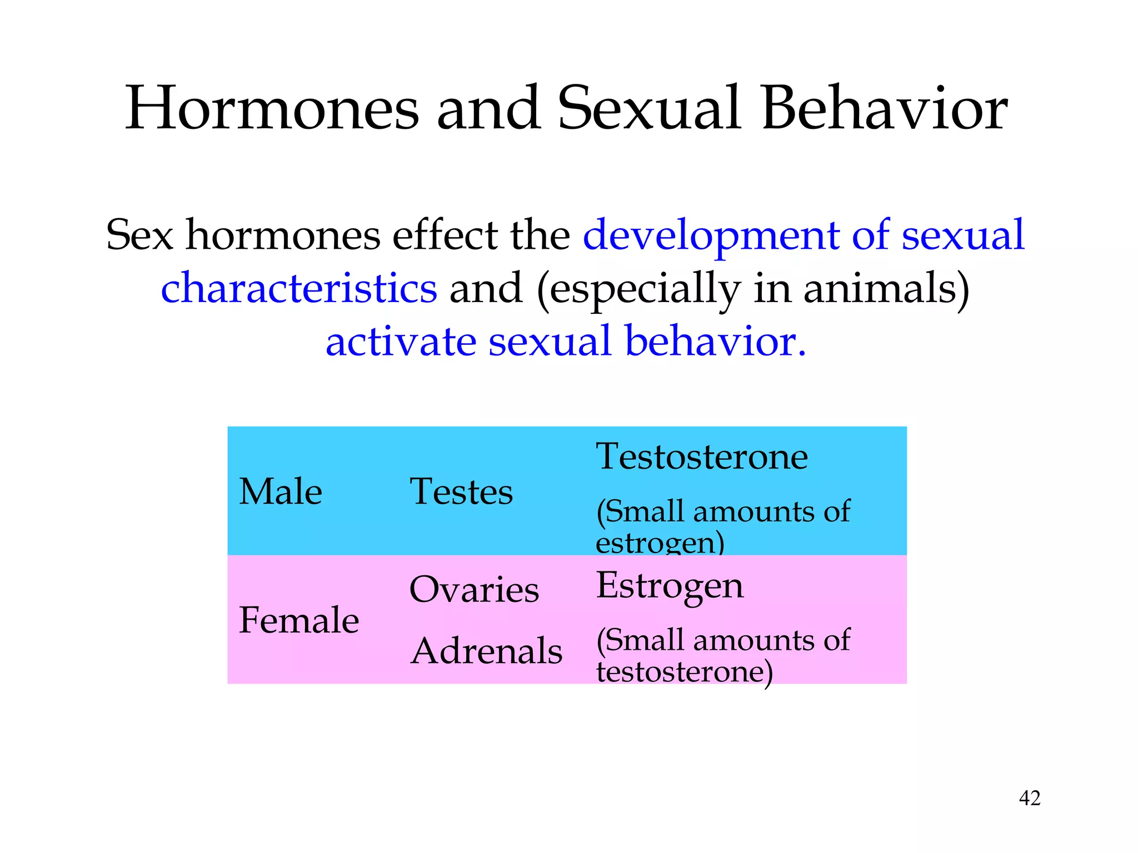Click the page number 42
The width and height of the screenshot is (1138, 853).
[x=1029, y=798]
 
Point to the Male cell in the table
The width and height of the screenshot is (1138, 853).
[x=281, y=492]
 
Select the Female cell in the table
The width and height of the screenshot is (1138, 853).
[x=299, y=620]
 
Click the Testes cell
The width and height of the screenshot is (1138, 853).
[x=461, y=492]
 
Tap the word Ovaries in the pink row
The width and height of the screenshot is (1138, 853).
[x=474, y=589]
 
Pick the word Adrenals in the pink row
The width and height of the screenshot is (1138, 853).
[x=486, y=651]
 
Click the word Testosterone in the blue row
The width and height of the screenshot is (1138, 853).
[x=702, y=457]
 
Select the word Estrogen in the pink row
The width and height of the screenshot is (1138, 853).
[x=670, y=586]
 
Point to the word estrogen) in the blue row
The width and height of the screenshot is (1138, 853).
[x=660, y=543]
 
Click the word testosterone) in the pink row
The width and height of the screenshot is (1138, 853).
[x=684, y=672]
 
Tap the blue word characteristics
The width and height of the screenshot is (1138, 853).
[x=299, y=289]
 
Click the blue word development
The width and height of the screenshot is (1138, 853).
[x=711, y=235]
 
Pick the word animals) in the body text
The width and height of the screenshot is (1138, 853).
[x=886, y=289]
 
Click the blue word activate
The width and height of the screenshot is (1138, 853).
[x=401, y=342]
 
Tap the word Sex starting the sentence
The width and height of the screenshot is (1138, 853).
[x=139, y=235]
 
